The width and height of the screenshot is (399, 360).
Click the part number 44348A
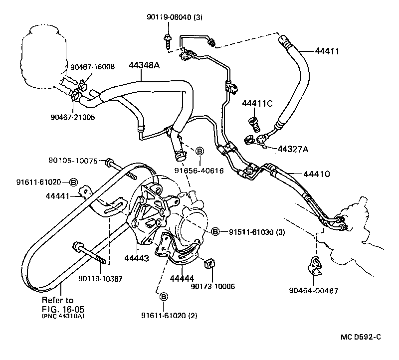tap(144, 66)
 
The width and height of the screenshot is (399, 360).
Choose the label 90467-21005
tap(72, 118)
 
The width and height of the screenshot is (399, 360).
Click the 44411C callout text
tap(257, 104)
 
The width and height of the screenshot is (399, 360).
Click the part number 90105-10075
tap(75, 161)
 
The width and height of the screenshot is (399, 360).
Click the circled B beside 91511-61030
tap(215, 232)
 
